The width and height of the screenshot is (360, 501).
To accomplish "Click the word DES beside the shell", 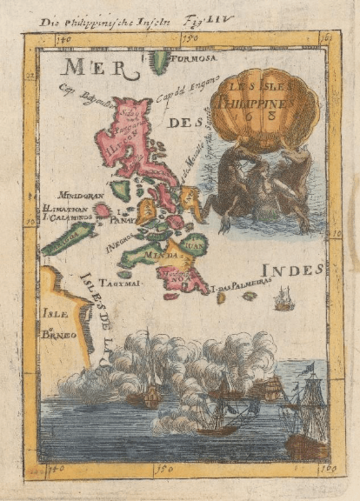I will point(183,124).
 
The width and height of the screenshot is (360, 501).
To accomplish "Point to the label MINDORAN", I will point(82,196).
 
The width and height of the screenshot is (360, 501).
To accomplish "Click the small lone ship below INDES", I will point(283,300).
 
